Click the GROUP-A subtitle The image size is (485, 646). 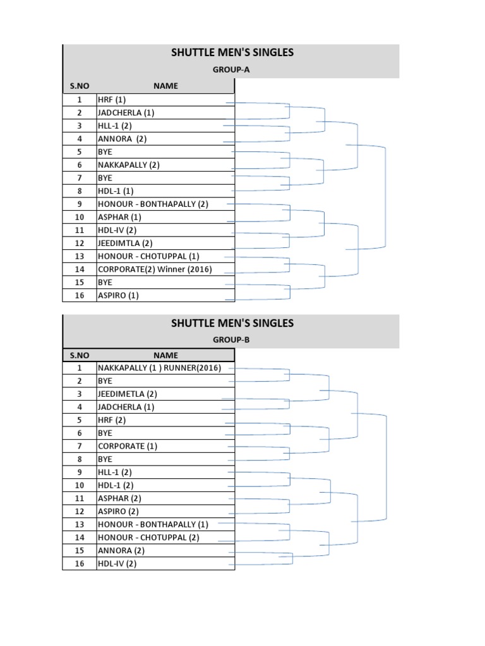[x=231, y=70]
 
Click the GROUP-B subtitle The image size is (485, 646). [x=231, y=339]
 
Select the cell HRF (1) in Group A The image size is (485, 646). [x=112, y=100]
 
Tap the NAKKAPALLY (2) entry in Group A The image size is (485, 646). [x=129, y=165]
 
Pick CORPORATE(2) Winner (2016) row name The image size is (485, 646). [x=155, y=269]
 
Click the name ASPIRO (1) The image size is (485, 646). [x=118, y=295]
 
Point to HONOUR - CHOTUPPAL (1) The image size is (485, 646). [x=148, y=256]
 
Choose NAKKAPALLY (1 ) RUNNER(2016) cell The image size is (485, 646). [x=159, y=368]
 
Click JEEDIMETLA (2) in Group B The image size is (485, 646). [x=127, y=394]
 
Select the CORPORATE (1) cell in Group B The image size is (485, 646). [x=127, y=446]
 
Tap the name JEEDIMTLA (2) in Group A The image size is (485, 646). [x=125, y=243]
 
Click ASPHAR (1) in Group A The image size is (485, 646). [x=119, y=217]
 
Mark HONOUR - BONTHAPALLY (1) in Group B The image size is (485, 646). [x=153, y=524]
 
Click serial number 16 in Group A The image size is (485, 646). [x=80, y=295]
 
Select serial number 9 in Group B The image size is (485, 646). [x=80, y=472]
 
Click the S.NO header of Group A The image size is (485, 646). [x=80, y=86]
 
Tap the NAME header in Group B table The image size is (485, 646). [x=165, y=355]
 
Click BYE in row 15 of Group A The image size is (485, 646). [x=105, y=282]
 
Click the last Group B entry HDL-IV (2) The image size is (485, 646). [x=117, y=563]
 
